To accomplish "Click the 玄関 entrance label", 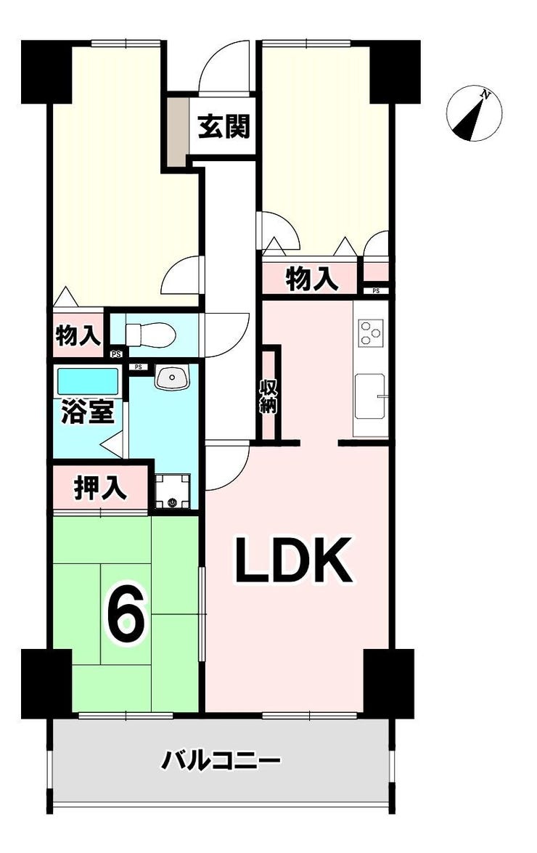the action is tap(224, 127).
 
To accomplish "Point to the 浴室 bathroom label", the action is tap(88, 412).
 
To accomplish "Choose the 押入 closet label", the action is tap(101, 487).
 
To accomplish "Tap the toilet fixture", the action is tap(149, 334).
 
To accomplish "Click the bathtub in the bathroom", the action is tap(88, 382).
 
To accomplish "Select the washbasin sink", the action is tap(172, 377).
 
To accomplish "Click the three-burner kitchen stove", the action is tap(372, 334).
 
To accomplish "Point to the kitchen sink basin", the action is tap(370, 396).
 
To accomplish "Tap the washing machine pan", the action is tap(172, 491).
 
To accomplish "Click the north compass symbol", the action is tap(473, 114).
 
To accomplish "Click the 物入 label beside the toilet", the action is tap(79, 335).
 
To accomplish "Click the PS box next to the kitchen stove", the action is tap(376, 290).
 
